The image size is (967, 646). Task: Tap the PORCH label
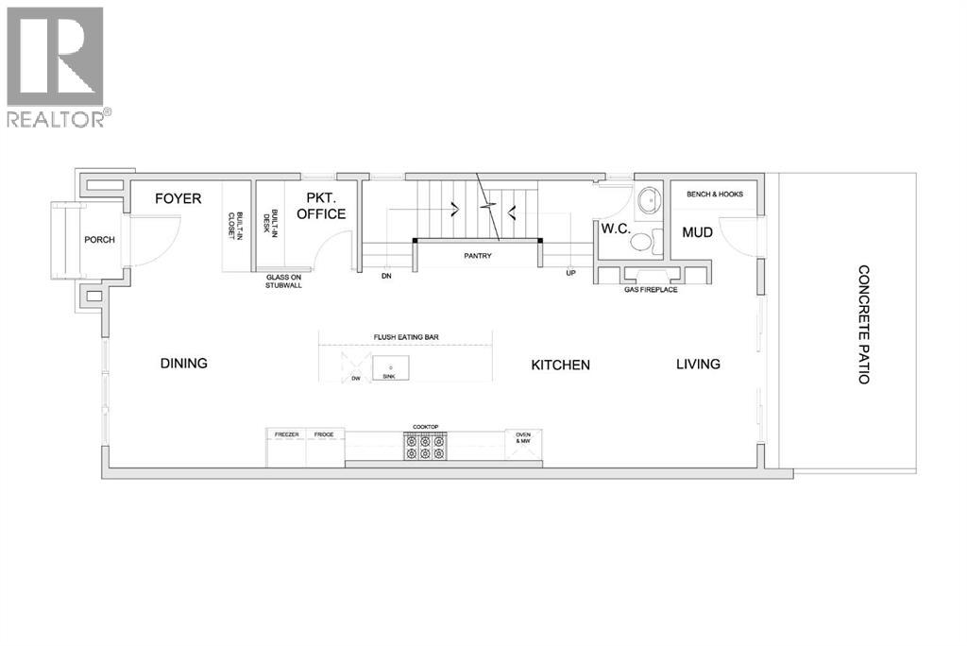99,240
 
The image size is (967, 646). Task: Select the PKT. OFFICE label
321,206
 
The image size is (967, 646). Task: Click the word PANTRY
478,256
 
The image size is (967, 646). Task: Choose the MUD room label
697,231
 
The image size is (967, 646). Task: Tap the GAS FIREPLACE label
651,290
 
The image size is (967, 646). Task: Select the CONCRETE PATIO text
863,324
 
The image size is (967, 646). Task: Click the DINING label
183,363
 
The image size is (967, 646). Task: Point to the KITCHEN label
560,365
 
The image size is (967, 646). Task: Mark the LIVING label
698,364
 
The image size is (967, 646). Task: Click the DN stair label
386,277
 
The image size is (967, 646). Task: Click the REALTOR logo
57,66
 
